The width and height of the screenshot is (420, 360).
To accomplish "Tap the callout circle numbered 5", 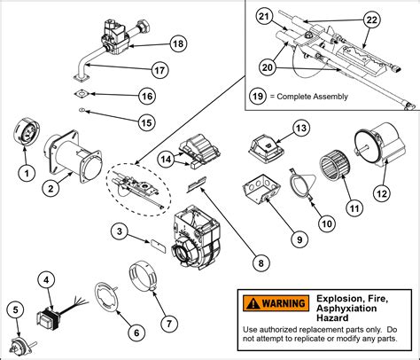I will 14,309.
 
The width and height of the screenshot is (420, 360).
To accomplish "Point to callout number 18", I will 178,44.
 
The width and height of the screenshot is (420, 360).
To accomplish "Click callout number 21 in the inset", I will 262,17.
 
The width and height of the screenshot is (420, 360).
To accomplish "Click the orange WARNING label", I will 271,303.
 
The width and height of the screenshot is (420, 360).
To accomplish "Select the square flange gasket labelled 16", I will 80,91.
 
